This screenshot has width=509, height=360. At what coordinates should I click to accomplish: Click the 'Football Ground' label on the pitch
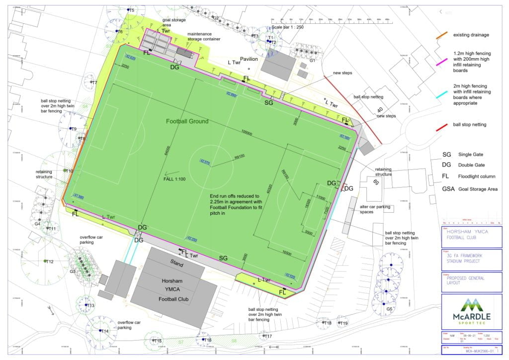[187, 121]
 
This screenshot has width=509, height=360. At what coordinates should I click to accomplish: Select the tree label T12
[49, 262]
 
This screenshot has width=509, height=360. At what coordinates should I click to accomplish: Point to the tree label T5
[131, 10]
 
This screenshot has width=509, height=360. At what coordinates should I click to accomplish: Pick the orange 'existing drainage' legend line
[441, 35]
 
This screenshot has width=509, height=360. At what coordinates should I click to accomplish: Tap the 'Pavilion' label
[250, 59]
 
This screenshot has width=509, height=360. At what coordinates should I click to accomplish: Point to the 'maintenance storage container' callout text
[204, 37]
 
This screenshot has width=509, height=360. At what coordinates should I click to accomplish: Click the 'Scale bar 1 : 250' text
[287, 27]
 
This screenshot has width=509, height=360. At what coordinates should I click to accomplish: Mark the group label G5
[389, 309]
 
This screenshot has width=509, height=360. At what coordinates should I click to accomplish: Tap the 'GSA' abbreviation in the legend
[448, 189]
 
